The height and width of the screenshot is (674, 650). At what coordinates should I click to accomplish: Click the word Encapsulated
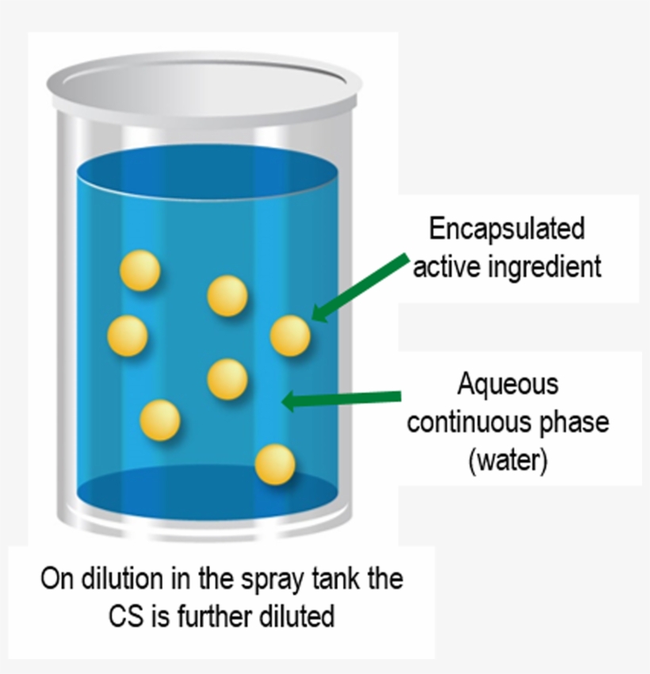[507, 228]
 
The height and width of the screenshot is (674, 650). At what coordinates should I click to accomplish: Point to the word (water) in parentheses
[507, 460]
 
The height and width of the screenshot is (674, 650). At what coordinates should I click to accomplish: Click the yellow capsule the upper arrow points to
[290, 335]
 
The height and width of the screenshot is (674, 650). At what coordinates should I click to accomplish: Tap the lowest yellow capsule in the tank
[275, 465]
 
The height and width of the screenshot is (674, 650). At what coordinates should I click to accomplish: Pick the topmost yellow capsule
[140, 270]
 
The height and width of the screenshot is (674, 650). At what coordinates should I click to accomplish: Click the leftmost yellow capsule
[128, 335]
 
